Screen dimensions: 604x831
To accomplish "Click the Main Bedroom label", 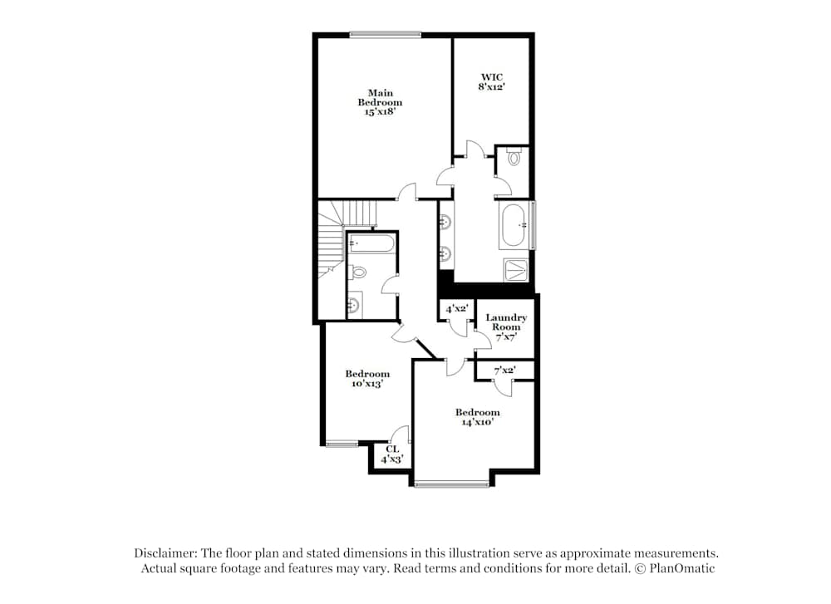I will pyautogui.click(x=380, y=102).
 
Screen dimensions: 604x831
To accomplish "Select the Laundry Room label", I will pyautogui.click(x=506, y=322).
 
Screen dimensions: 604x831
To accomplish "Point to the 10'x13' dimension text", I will pyautogui.click(x=366, y=385).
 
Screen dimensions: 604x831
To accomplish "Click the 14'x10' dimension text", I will pyautogui.click(x=477, y=422).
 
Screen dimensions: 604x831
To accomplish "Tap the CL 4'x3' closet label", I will pyautogui.click(x=392, y=454).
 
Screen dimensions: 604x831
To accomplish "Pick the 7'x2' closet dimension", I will pyautogui.click(x=505, y=371).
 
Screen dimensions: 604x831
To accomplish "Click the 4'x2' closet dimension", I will pyautogui.click(x=457, y=309).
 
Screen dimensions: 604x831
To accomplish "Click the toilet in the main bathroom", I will pyautogui.click(x=513, y=156).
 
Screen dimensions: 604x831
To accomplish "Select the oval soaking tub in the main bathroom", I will pyautogui.click(x=514, y=224).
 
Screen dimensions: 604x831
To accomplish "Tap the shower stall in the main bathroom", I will pyautogui.click(x=516, y=270).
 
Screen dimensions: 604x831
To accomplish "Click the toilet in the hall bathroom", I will pyautogui.click(x=359, y=272).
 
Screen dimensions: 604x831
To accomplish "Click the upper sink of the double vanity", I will pyautogui.click(x=445, y=222).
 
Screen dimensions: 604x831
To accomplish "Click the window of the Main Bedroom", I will pyautogui.click(x=385, y=34).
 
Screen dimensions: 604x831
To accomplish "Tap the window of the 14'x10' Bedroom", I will pyautogui.click(x=451, y=484).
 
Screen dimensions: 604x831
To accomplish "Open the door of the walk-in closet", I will pyautogui.click(x=475, y=150).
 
